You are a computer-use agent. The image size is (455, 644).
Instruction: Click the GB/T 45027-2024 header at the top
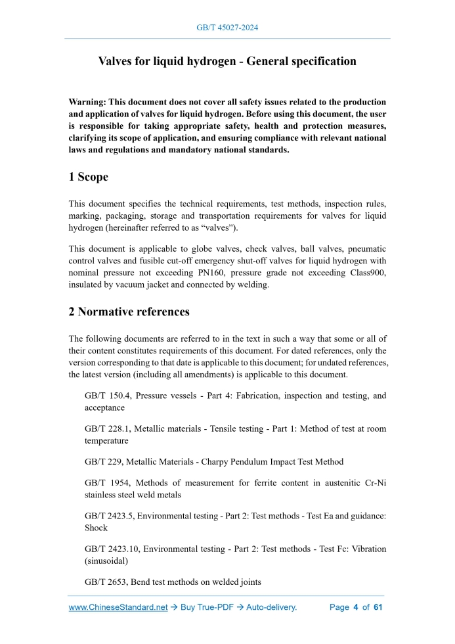(227, 28)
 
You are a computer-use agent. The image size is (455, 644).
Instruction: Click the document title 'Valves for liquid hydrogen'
(227, 62)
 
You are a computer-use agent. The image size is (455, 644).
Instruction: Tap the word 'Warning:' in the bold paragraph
(87, 103)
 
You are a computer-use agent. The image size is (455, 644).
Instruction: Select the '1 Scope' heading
(89, 177)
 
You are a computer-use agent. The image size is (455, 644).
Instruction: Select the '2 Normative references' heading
(129, 311)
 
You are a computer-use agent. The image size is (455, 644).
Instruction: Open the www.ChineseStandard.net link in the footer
(119, 607)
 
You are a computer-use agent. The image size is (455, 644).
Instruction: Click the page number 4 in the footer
(355, 607)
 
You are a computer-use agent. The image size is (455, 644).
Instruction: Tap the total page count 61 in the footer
(378, 607)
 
